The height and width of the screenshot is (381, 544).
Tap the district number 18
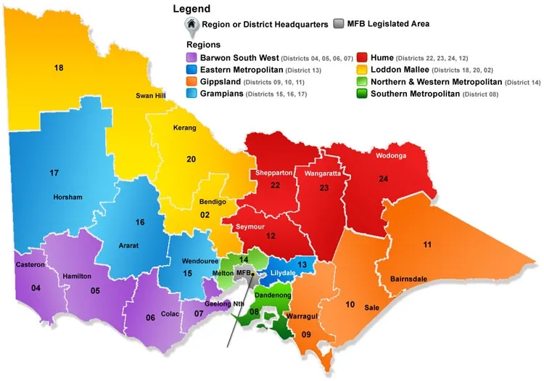[x=59, y=67]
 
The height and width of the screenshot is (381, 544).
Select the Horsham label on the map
[x=67, y=197]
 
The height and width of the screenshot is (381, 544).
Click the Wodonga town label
[x=391, y=156]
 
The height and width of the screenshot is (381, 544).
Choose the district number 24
[x=382, y=178]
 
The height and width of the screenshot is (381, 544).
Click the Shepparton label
[x=273, y=173]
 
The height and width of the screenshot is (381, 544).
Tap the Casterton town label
[x=30, y=265]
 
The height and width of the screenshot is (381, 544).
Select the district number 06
[x=150, y=318]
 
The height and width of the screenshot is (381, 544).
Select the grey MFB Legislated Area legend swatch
[x=339, y=24]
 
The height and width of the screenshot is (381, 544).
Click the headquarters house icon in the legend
[x=191, y=25]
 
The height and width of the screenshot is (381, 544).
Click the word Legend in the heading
[x=191, y=9]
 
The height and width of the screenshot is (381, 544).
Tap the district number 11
[x=427, y=244]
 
